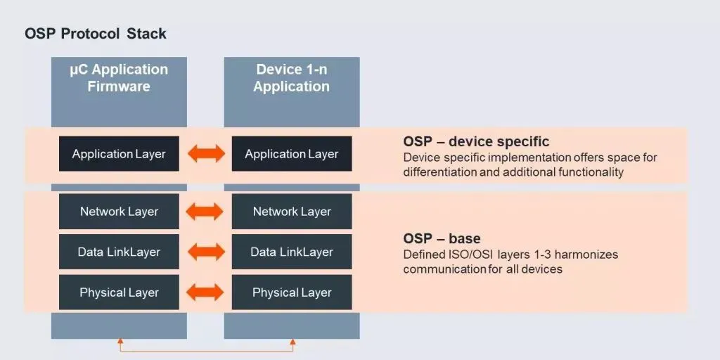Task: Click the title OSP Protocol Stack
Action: [x=96, y=34]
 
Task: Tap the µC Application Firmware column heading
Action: [x=119, y=78]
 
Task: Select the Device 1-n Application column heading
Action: [x=292, y=78]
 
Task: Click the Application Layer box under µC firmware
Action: [x=119, y=154]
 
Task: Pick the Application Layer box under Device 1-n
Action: [x=292, y=154]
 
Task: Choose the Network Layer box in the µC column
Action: [x=119, y=212]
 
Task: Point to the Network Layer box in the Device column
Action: [x=292, y=212]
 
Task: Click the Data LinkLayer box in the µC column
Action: [x=119, y=252]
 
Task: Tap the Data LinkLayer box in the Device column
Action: [x=292, y=252]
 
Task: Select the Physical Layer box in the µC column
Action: [x=119, y=292]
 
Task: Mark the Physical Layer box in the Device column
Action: [x=292, y=292]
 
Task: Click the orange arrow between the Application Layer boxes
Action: [x=205, y=155]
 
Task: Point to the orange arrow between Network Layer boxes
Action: [x=205, y=212]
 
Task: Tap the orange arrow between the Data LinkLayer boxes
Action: [x=205, y=252]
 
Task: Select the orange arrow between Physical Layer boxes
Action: [x=205, y=292]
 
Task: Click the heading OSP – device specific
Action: [x=476, y=142]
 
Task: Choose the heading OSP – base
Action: [x=442, y=239]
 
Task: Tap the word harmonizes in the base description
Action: [x=585, y=255]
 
